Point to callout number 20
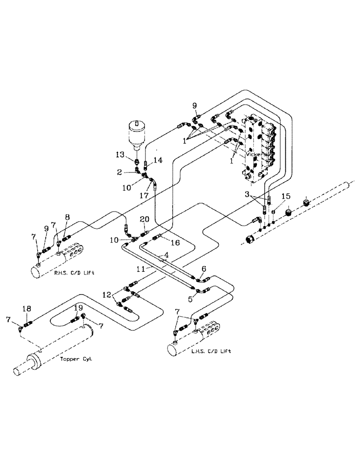pyautogui.click(x=145, y=219)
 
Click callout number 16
pyautogui.click(x=175, y=242)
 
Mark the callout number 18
pyautogui.click(x=27, y=308)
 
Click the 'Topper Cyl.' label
pyautogui.click(x=76, y=359)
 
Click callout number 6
pyautogui.click(x=204, y=268)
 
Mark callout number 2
pyautogui.click(x=120, y=172)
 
